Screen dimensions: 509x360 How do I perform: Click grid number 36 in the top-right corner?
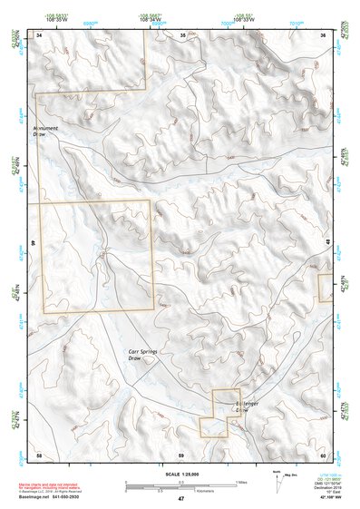click(324, 34)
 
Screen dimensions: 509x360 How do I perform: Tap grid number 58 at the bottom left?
click(39, 454)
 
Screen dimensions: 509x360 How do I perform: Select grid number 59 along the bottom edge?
click(181, 454)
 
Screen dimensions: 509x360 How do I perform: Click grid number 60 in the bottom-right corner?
click(323, 454)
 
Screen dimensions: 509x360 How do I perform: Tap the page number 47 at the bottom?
click(180, 499)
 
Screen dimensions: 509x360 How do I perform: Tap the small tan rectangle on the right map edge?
click(324, 288)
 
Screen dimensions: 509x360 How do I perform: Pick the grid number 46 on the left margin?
click(33, 243)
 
